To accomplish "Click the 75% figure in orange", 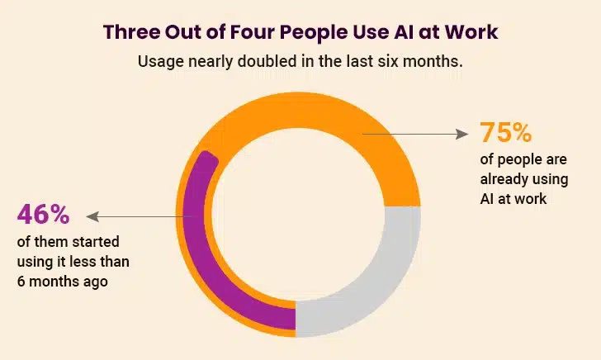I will [507, 133].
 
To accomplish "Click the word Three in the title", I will [134, 32].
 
